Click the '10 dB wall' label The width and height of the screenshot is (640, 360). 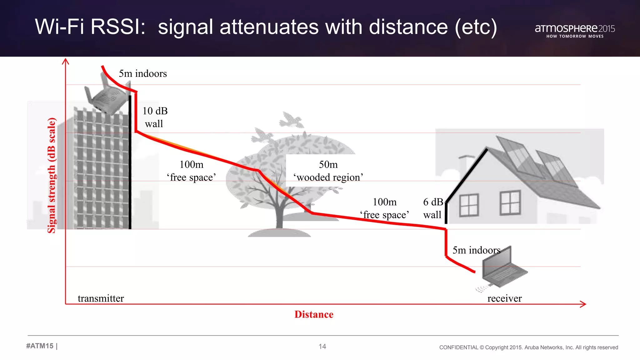(x=155, y=117)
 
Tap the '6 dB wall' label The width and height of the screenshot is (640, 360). (x=433, y=208)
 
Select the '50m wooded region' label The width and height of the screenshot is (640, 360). (x=328, y=171)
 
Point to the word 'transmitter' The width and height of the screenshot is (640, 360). (x=101, y=298)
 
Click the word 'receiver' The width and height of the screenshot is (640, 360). (x=504, y=298)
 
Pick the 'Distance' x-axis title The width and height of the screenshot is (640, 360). (x=314, y=314)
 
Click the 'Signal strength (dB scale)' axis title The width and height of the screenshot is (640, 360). (x=52, y=175)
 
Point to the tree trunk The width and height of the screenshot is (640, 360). (x=279, y=216)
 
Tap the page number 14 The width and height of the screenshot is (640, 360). (x=322, y=346)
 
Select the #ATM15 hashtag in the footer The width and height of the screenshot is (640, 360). (x=40, y=346)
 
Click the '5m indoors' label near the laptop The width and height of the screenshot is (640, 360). (x=476, y=250)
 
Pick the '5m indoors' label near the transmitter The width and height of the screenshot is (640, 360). (x=143, y=74)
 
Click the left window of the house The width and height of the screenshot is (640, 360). (x=469, y=205)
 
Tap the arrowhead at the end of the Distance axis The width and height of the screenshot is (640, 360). (x=583, y=304)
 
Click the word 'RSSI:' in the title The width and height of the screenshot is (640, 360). (x=118, y=27)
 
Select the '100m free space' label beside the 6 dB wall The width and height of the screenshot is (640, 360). (x=384, y=208)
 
